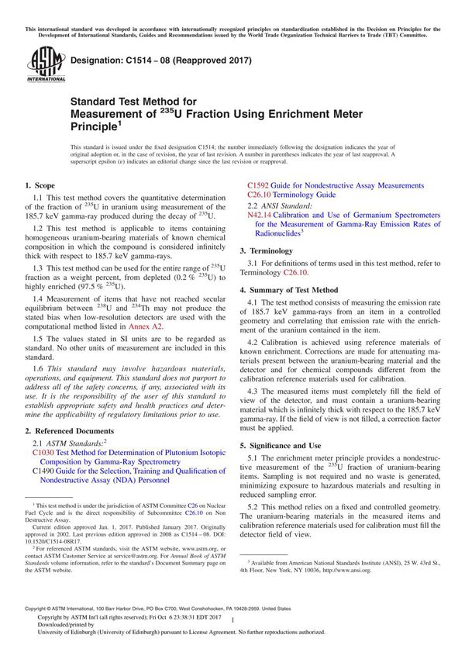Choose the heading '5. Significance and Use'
(280, 445)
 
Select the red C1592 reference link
(259, 186)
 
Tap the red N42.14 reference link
(261, 216)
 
